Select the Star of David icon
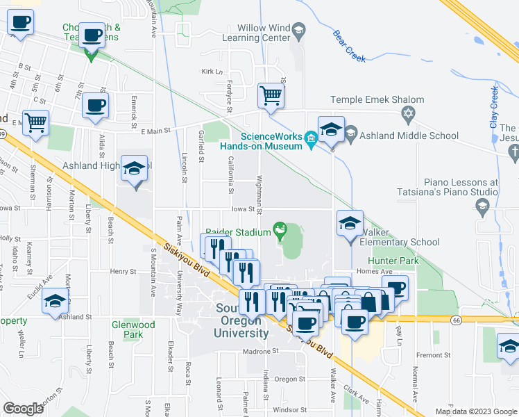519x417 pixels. point(409,113)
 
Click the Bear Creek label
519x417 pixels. point(349,46)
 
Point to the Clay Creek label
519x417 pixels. point(495,106)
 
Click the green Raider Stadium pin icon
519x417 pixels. point(280,229)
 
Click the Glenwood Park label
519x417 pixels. point(133,329)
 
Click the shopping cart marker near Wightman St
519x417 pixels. point(271,95)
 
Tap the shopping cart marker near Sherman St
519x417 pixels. point(35,122)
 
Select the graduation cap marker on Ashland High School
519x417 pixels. point(134,168)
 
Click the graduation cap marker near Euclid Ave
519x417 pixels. point(55,301)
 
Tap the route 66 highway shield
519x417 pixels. point(455,320)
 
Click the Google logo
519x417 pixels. point(24,409)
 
